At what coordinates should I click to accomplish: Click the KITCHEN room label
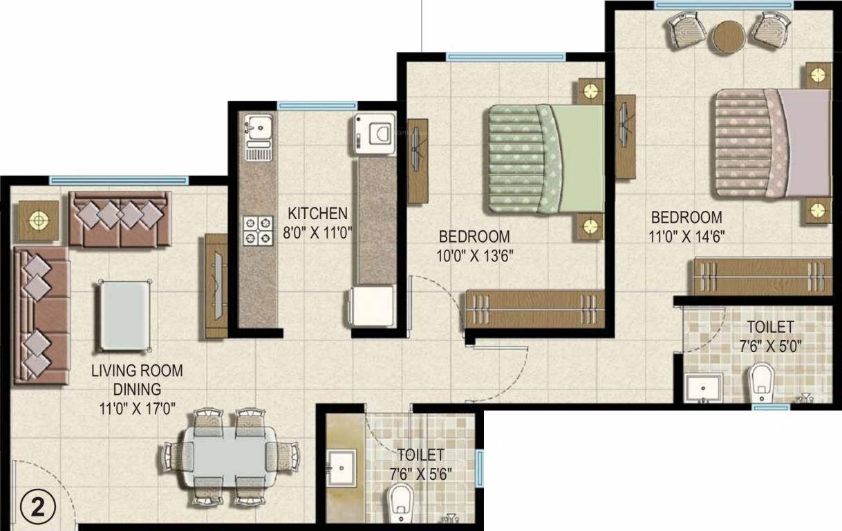coord(317,212)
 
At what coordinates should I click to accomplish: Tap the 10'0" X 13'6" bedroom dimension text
coord(474,256)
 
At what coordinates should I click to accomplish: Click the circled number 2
coord(32,507)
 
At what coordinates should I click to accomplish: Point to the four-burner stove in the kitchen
coord(257,230)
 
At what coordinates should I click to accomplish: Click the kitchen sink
coord(259,129)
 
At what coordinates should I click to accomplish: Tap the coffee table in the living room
coord(124,315)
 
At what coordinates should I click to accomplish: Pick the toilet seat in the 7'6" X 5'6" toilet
coord(400,503)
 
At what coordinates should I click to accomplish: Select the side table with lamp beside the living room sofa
coord(39,221)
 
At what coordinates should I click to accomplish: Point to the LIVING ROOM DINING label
coord(137,380)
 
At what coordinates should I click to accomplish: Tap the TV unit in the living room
coord(216,286)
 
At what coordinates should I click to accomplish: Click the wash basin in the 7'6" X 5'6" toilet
coord(341,468)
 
